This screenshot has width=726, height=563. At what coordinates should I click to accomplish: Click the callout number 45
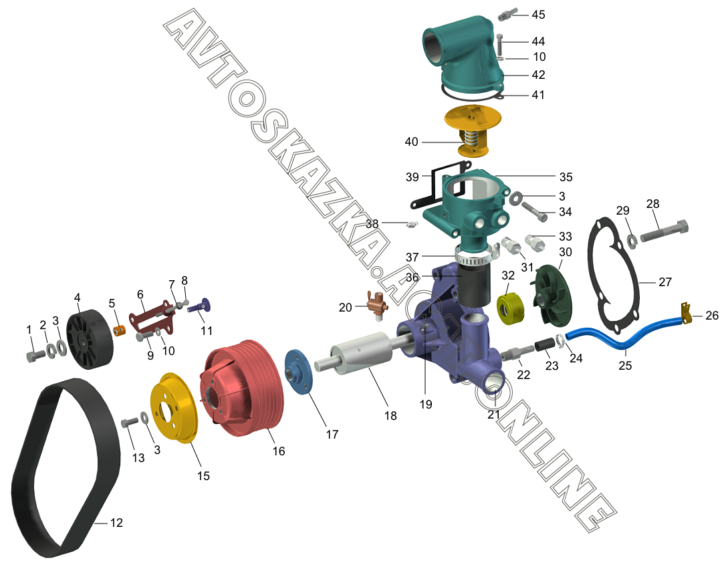(538, 15)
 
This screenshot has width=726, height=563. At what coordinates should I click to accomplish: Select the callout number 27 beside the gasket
(664, 282)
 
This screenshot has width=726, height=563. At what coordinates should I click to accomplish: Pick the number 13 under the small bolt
(138, 458)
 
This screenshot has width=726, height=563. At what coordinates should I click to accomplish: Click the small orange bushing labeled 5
(119, 331)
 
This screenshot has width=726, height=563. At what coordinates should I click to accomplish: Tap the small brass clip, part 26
(686, 311)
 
